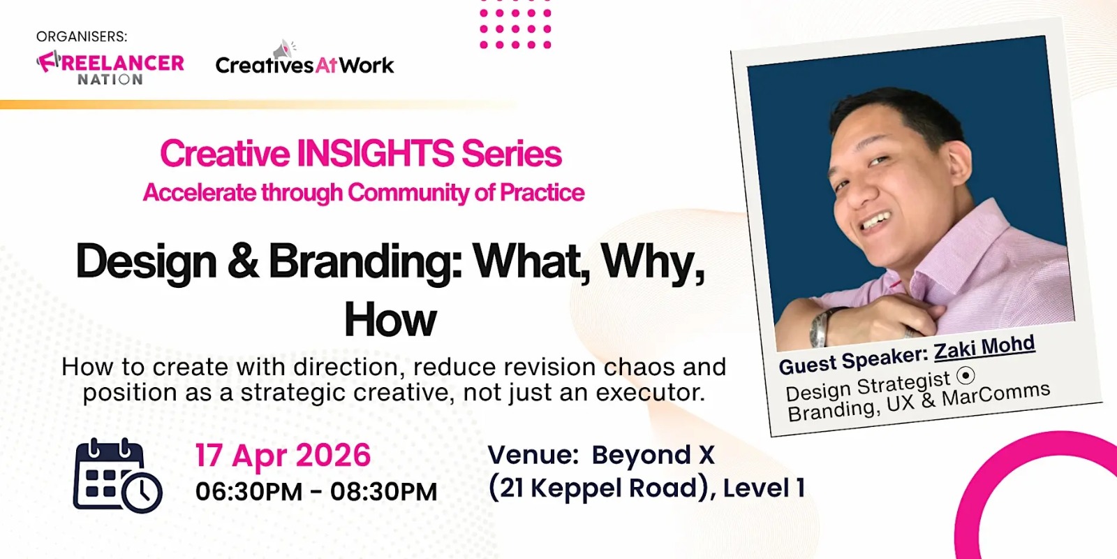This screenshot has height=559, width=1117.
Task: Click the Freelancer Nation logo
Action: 110,68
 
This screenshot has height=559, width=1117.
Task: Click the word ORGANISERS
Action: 82,36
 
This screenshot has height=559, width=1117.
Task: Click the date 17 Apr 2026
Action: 283,456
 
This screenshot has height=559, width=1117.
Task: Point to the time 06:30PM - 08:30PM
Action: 316,491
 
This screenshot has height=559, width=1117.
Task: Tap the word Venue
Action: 533,455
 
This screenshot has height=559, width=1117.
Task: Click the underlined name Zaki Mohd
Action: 984,348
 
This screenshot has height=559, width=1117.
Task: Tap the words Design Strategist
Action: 867,386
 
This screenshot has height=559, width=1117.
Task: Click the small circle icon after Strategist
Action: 966,375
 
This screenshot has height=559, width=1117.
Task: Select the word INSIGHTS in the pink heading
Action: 376,154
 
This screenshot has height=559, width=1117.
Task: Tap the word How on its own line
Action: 390,320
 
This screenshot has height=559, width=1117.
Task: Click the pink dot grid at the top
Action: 515,29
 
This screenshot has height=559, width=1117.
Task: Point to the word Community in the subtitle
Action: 408,192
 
